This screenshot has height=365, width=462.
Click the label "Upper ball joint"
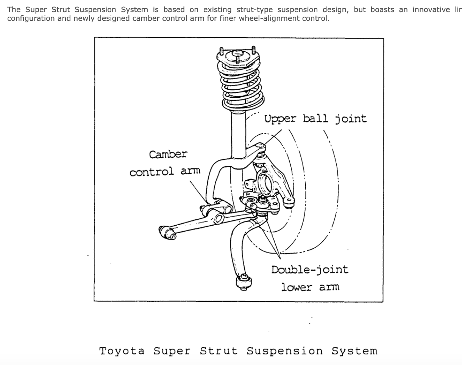coord(315,119)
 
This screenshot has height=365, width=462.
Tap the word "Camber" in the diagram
coord(168,154)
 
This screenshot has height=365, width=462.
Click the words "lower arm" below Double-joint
coord(310,287)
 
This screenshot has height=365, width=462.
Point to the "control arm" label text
coord(165,172)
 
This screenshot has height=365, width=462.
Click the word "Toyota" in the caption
coord(122,351)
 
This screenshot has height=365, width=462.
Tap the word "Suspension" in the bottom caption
coord(285,351)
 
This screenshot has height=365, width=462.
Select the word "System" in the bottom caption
coord(354,351)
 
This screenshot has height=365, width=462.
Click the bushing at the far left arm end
coord(167,233)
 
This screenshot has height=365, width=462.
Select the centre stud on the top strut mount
coord(237,58)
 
